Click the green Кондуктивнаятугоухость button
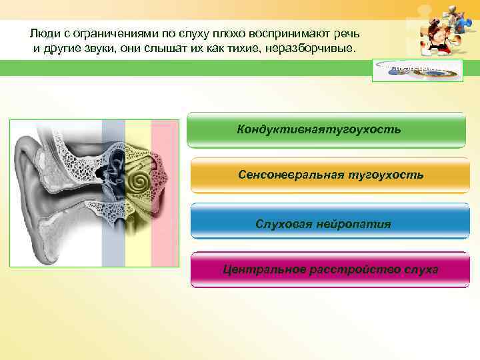[326, 129]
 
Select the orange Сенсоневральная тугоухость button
[330, 175]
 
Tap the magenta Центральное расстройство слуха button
[330, 269]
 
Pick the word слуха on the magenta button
[420, 269]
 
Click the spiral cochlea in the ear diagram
[140, 180]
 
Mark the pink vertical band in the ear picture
[163, 193]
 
